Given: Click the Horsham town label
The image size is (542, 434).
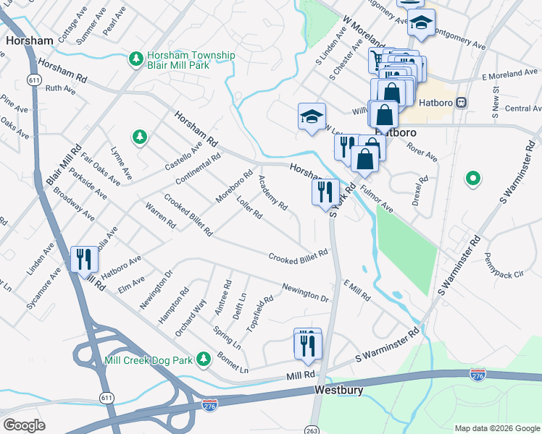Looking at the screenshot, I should tap(26, 41).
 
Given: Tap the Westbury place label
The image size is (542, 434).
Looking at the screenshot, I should tap(338, 389).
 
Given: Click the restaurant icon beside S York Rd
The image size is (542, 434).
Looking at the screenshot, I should tap(325, 192).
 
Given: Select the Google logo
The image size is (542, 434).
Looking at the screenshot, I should tap(24, 425).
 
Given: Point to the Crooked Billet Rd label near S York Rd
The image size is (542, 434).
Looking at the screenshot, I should tap(299, 256).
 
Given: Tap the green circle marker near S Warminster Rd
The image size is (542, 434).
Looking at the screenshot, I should tap(473, 177).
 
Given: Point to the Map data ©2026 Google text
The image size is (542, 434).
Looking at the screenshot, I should tap(496, 427).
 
